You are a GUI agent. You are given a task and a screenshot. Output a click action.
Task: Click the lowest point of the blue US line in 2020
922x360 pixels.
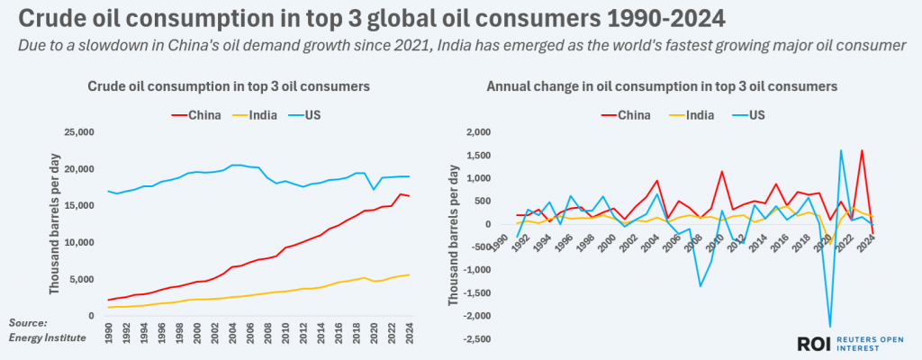(x=829, y=327)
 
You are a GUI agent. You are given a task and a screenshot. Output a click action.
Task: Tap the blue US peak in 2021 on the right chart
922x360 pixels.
(x=840, y=150)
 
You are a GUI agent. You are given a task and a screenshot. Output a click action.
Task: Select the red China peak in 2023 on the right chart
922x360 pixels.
(x=862, y=150)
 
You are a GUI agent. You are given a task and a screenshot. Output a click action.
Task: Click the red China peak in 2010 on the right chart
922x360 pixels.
(x=721, y=171)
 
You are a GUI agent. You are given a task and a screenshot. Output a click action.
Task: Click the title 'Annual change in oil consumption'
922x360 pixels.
(x=662, y=86)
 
